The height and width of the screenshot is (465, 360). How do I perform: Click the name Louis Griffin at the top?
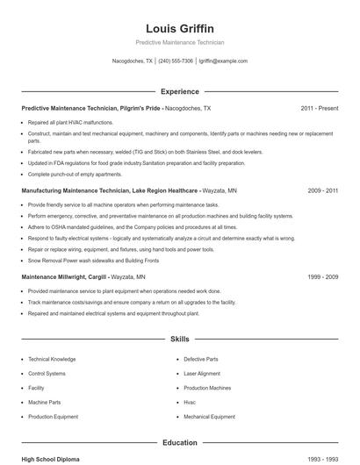[x=180, y=28]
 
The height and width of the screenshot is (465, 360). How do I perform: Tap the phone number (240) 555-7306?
[x=176, y=61]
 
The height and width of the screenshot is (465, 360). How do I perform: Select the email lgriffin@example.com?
[x=223, y=61]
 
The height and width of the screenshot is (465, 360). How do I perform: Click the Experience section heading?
[x=180, y=91]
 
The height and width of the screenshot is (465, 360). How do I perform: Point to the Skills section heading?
[x=180, y=339]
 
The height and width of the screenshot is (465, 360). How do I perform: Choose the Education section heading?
[x=180, y=443]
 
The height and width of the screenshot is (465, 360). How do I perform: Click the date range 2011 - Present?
[x=319, y=109]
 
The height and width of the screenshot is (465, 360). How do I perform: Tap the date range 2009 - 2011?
[x=323, y=190]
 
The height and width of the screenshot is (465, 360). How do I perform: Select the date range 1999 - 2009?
[x=323, y=276]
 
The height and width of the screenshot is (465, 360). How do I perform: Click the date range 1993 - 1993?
[x=323, y=459]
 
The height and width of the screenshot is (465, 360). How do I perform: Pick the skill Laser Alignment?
[x=202, y=374]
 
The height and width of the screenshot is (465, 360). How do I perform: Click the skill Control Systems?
[x=47, y=374]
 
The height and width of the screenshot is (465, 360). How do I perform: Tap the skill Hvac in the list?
[x=190, y=403]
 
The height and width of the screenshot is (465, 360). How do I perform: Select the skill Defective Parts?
[x=201, y=360]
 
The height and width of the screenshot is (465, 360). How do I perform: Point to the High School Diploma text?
[x=52, y=459]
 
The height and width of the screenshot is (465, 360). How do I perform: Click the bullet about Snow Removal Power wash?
[x=93, y=261]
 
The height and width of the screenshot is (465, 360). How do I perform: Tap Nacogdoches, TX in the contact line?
[x=133, y=61]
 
